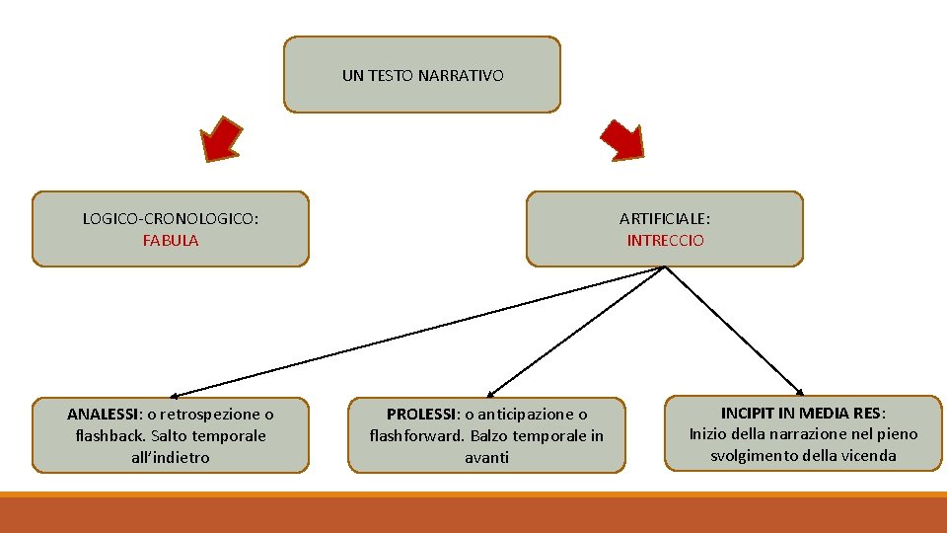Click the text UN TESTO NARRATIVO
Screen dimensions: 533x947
click(x=422, y=75)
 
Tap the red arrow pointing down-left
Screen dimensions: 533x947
click(x=221, y=138)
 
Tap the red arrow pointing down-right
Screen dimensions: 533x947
click(x=622, y=138)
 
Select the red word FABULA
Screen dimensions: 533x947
click(x=171, y=240)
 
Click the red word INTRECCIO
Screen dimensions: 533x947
click(x=665, y=240)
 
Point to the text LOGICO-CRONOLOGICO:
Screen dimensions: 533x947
click(x=171, y=218)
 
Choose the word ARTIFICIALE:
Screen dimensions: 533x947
click(x=665, y=218)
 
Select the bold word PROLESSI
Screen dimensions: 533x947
click(x=421, y=414)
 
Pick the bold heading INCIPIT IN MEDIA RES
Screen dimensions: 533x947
click(x=801, y=413)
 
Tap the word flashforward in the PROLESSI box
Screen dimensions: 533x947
click(x=416, y=435)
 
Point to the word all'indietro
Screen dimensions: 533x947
click(x=171, y=457)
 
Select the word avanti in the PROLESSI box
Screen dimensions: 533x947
click(x=486, y=457)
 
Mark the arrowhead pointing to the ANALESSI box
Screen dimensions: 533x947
click(x=161, y=394)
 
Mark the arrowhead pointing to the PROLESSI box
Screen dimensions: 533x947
click(x=492, y=393)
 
